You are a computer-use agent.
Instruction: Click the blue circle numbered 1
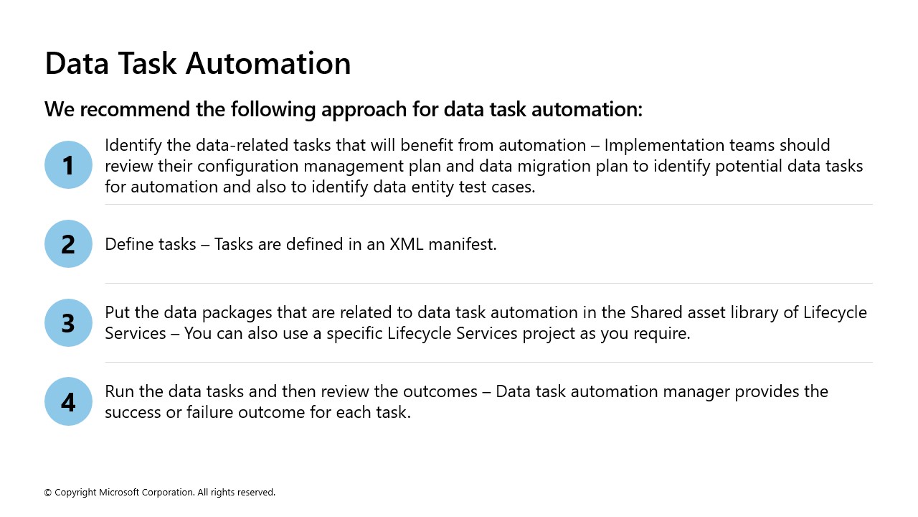[68, 165]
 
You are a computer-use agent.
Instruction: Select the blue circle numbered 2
[68, 244]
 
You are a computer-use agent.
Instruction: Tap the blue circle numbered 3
[68, 322]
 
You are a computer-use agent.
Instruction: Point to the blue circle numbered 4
[68, 401]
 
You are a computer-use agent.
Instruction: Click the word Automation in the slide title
[268, 63]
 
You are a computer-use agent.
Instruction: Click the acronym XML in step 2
[407, 244]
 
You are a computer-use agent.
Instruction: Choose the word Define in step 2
[127, 244]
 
